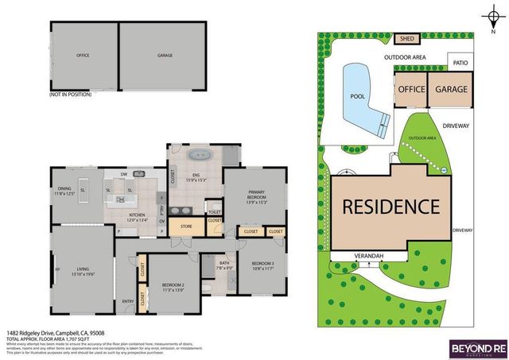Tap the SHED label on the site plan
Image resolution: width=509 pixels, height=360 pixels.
(407, 38)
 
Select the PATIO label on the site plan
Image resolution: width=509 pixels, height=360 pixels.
(460, 62)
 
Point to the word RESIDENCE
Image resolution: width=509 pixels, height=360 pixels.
(390, 207)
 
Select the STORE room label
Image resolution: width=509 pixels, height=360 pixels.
(186, 226)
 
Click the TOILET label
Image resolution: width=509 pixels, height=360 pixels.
(213, 212)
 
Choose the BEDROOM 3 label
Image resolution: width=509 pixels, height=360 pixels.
(262, 264)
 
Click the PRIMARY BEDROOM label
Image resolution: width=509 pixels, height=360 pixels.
(255, 199)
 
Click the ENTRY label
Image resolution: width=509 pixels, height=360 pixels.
(127, 301)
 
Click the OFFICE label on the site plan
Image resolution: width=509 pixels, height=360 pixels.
(411, 89)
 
